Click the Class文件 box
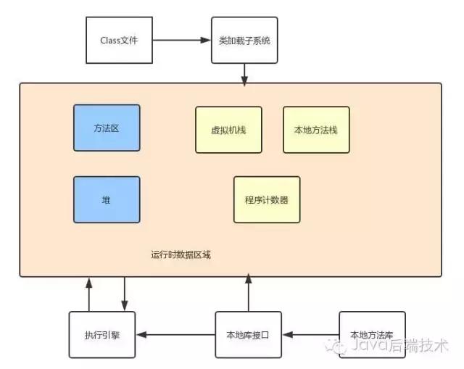tap(119, 40)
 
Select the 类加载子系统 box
tap(244, 40)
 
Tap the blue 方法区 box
tap(107, 128)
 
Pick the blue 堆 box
tap(107, 199)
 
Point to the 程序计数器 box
tap(266, 199)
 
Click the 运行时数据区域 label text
tap(181, 254)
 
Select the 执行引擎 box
tap(102, 334)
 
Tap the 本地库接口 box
tap(249, 334)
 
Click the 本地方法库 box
tap(372, 334)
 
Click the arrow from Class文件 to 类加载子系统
tap(183, 40)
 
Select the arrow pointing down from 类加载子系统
tap(245, 72)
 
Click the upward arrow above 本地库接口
tap(249, 293)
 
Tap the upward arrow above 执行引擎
tap(89, 294)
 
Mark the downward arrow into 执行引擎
tap(125, 294)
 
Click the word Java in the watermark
tap(367, 347)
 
